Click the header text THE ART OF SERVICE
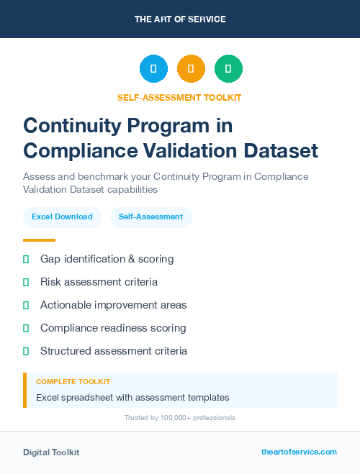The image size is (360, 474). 180,19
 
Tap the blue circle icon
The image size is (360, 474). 153,69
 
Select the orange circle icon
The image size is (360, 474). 191,69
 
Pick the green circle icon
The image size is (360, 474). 228,69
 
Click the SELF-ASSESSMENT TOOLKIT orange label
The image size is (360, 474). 180,97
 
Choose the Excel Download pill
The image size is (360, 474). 62,217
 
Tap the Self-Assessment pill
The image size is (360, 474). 150,217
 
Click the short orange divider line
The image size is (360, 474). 39,240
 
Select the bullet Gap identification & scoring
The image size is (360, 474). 107,259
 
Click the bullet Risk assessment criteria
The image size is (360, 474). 99,282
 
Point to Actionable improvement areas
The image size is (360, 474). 113,305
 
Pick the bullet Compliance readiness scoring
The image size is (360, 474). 113,328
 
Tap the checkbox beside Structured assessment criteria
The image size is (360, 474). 26,351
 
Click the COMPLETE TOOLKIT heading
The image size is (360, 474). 73,382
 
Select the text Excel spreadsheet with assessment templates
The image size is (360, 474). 132,397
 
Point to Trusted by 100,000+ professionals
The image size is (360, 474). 180,418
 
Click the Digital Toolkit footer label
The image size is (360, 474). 51,452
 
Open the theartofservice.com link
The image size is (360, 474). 299,452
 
